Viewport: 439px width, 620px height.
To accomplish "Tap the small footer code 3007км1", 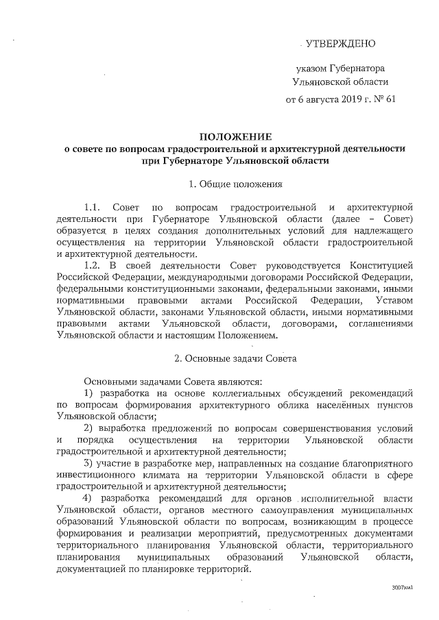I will [403, 588].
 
